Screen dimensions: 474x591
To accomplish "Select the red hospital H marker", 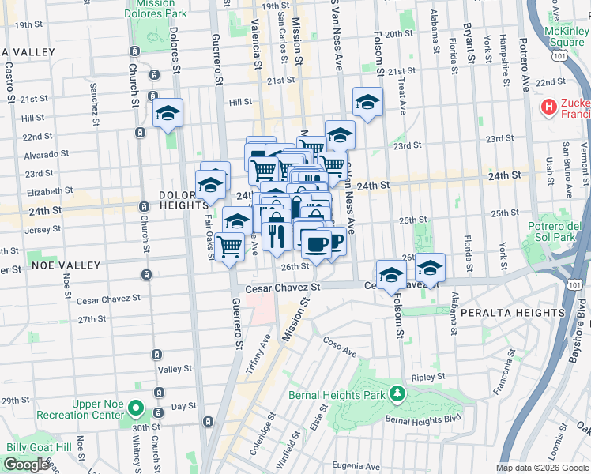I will [x=548, y=106].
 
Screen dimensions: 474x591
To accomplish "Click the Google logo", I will [x=27, y=465].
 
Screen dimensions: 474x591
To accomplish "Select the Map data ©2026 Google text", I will [x=542, y=468].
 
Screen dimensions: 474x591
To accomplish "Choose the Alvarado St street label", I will [x=29, y=155].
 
